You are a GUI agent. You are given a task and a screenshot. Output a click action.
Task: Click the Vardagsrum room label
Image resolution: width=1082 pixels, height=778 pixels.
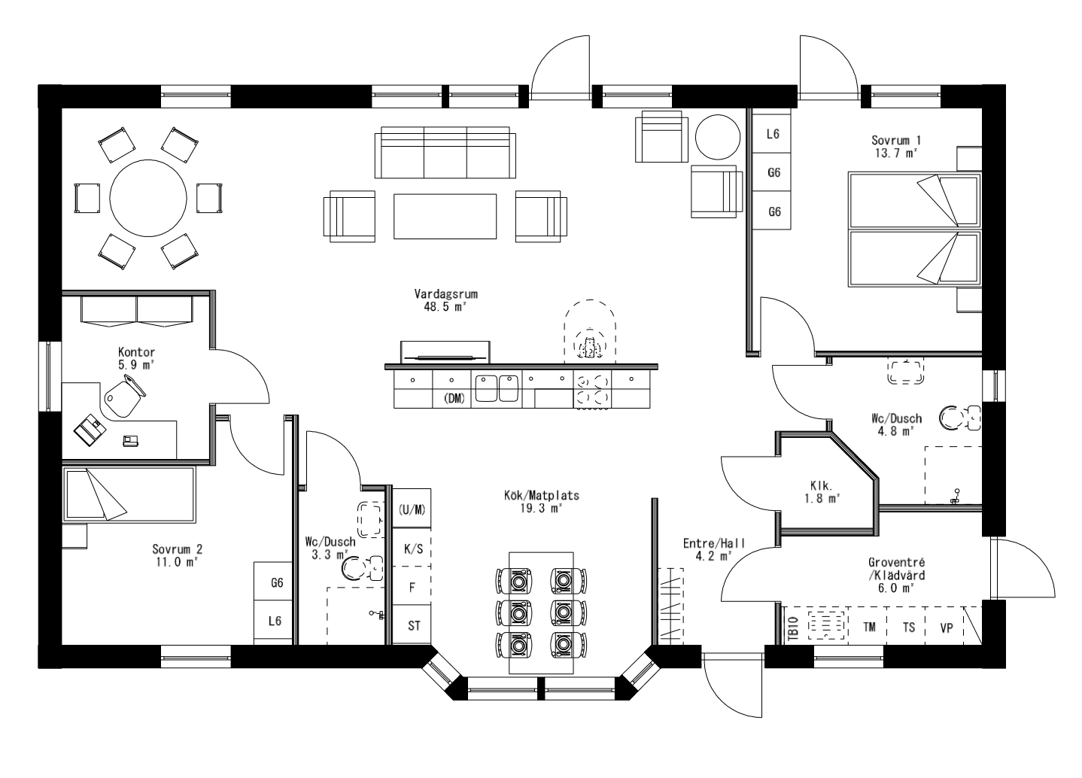point(446,300)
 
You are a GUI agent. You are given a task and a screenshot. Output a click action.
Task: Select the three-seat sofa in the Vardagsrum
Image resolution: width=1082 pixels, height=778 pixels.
point(445,152)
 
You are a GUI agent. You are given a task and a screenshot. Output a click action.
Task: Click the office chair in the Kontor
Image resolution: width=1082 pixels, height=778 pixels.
point(123,396)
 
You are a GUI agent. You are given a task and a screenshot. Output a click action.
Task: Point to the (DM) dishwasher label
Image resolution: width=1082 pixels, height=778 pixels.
point(454,398)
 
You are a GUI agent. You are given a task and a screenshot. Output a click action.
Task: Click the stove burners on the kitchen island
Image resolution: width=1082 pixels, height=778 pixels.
point(592,390)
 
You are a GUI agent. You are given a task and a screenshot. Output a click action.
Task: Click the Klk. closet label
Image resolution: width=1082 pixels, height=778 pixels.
point(825,491)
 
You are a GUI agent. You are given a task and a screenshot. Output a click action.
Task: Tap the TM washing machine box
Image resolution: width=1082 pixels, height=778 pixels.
point(869,626)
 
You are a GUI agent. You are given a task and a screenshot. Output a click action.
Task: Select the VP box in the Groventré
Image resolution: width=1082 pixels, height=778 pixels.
point(946,626)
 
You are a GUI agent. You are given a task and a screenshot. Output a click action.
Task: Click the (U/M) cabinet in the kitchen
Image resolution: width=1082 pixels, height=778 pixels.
point(412,509)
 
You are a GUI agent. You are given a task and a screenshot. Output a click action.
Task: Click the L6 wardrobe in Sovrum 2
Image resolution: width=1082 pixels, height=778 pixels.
point(275,621)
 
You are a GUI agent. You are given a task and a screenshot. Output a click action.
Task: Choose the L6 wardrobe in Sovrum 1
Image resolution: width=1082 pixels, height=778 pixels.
point(773,135)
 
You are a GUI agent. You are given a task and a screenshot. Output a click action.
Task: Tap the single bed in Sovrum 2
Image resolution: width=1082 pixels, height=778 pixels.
point(129,494)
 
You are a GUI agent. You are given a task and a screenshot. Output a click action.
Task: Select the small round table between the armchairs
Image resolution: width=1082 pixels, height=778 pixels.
point(715,137)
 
